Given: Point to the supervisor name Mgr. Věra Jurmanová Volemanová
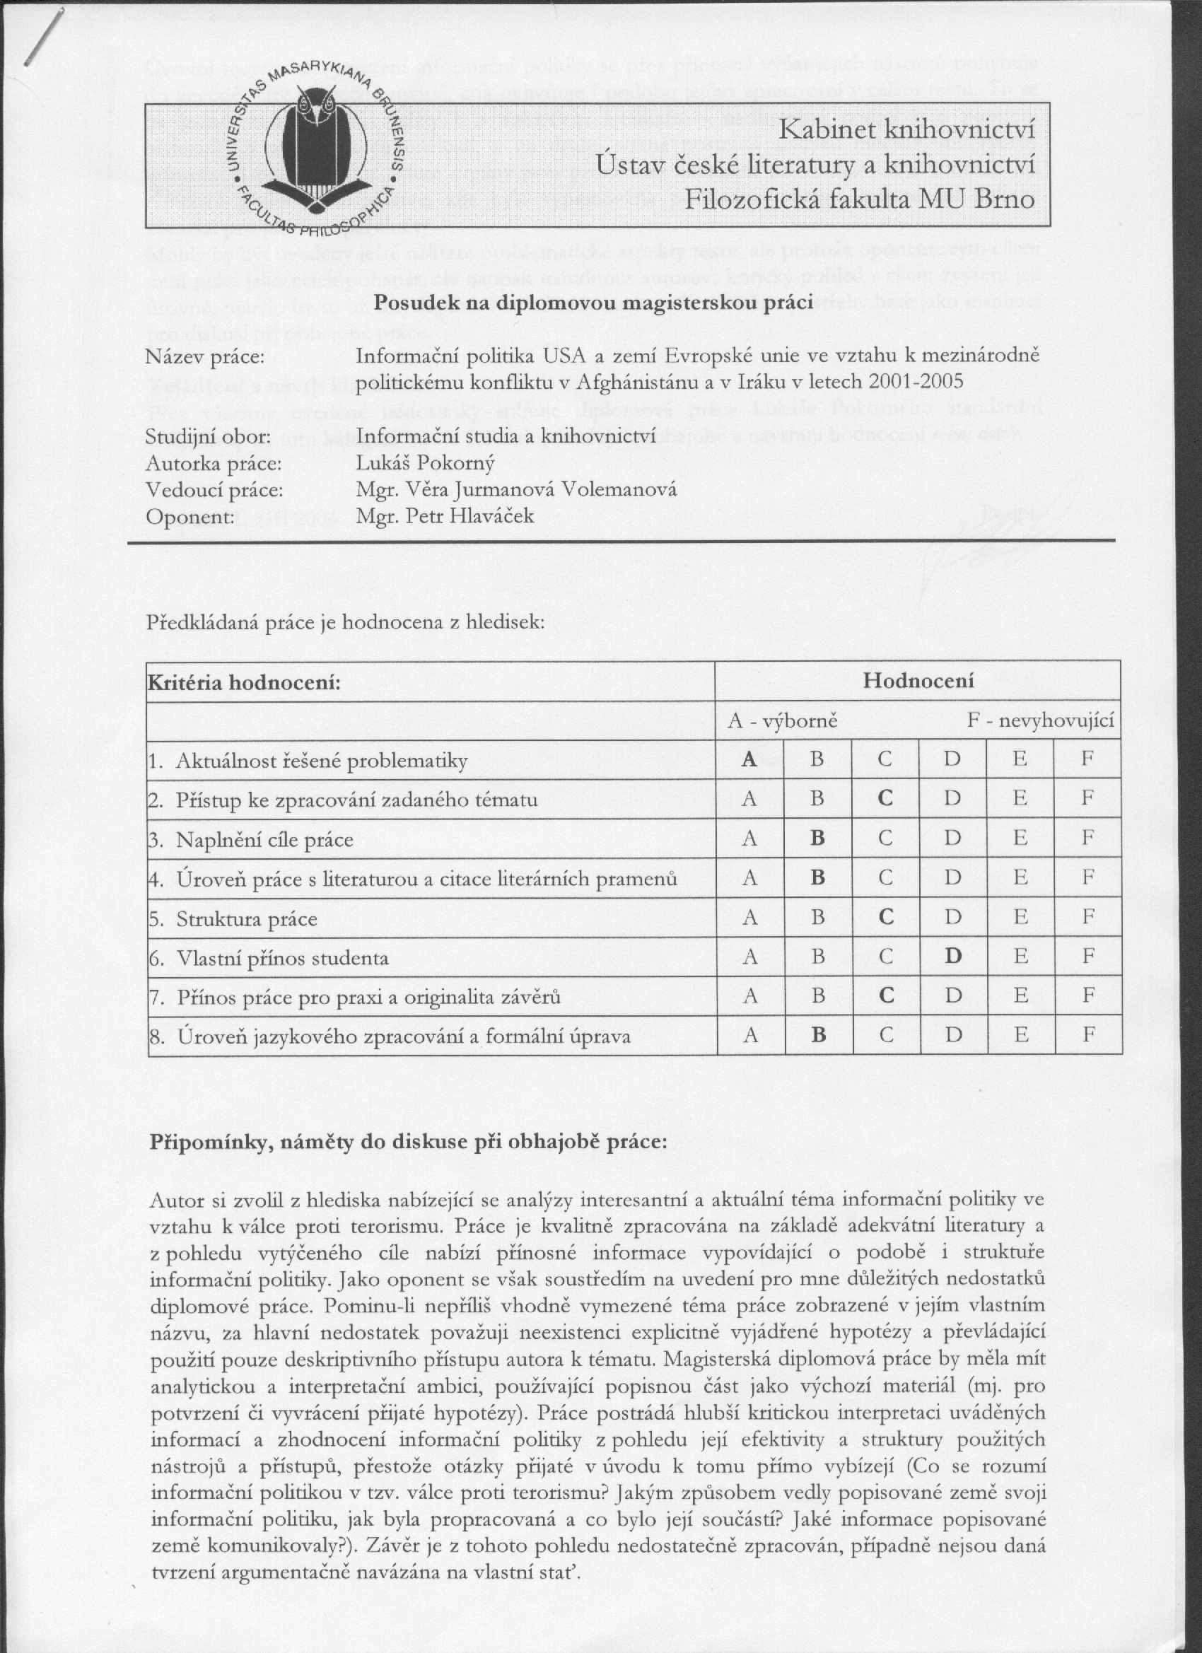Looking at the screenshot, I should coord(516,490).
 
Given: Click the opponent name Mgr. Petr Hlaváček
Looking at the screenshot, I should coord(445,517).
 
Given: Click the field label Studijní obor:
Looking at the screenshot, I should coord(209,438).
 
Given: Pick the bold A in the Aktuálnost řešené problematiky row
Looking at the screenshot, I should coord(749,759).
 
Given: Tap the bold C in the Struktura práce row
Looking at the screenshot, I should coord(886,917).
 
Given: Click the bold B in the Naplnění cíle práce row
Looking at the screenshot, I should coord(817,839).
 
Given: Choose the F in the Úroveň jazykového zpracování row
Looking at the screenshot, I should coord(1087,1034).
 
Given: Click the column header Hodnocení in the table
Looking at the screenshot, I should coord(918,681).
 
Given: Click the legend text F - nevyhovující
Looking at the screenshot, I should coord(1040,721).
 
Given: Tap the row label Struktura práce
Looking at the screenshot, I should coord(246,919).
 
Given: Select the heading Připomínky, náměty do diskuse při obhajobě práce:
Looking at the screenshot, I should coord(408,1141).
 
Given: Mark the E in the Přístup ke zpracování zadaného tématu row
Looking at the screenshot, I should coord(1020,799).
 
